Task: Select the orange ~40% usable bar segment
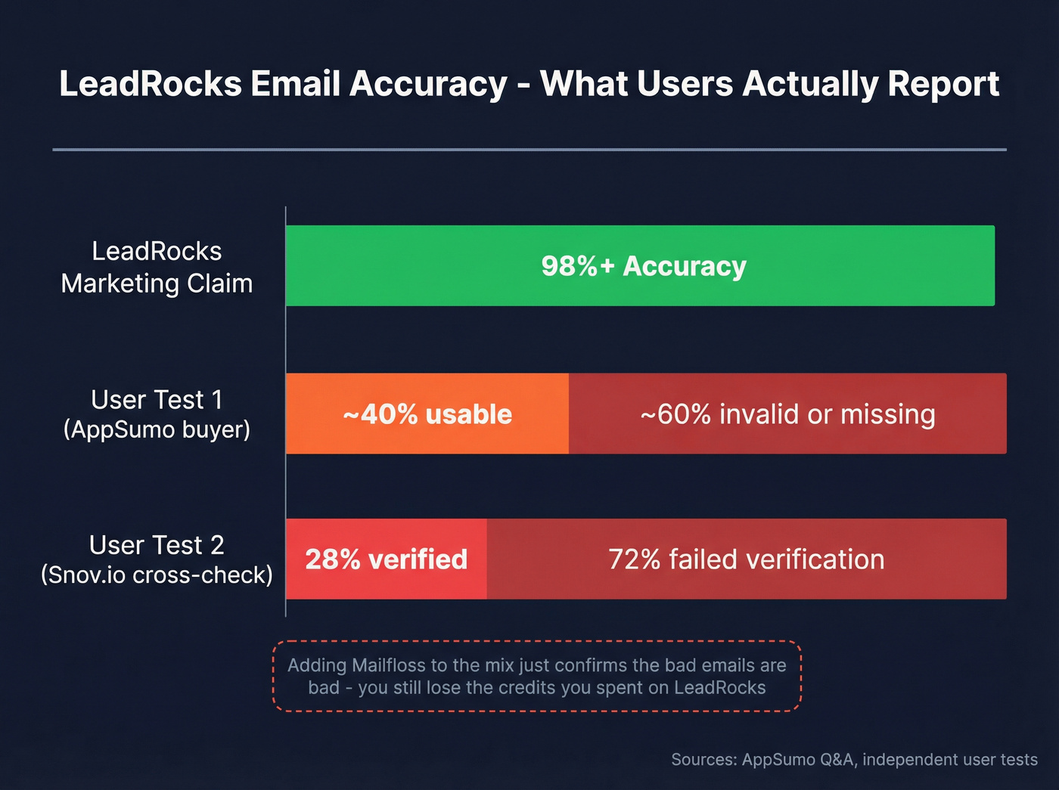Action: coord(427,414)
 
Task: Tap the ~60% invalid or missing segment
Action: coord(787,414)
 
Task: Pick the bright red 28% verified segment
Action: coord(386,559)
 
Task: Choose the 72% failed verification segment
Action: coord(746,559)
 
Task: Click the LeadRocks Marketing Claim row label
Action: coord(157,267)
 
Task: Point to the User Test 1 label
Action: coord(157,399)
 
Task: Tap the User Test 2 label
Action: coord(157,545)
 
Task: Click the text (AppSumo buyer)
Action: coord(157,429)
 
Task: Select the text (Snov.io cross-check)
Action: coord(157,575)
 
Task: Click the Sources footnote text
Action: coord(854,760)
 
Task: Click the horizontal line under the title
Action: coord(529,150)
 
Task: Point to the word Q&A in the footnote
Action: coord(837,760)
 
